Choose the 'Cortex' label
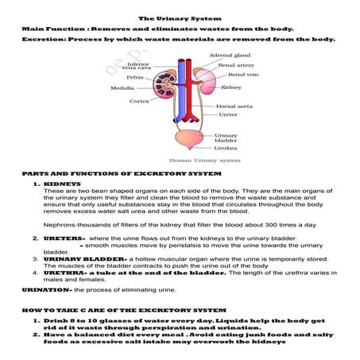coord(141,101)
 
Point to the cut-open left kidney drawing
coord(164,85)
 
